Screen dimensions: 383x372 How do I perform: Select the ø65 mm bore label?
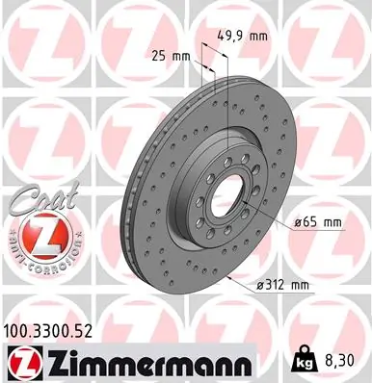pyautogui.click(x=319, y=223)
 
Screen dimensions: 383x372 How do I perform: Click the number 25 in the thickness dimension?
pyautogui.click(x=159, y=55)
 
